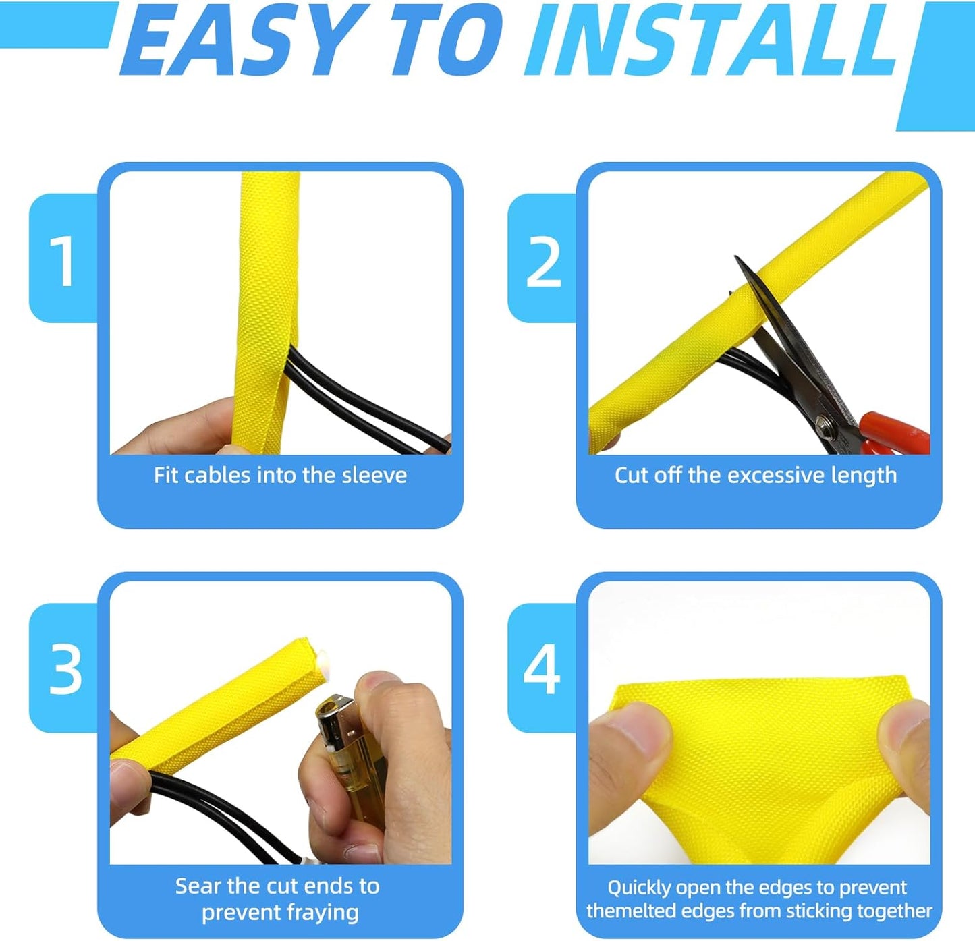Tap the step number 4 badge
(542, 670)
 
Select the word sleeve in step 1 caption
(374, 476)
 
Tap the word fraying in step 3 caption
(321, 913)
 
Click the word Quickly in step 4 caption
(638, 888)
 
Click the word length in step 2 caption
(864, 476)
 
